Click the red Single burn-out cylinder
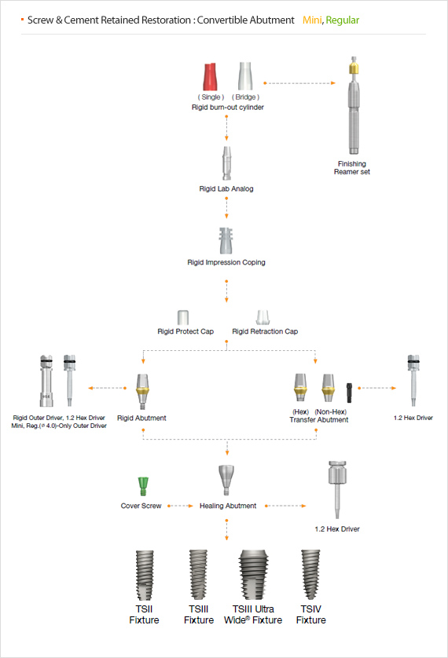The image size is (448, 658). tap(210, 77)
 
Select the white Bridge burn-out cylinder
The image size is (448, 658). tap(245, 76)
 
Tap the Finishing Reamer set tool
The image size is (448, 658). tap(354, 106)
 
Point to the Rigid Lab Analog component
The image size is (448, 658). tap(226, 163)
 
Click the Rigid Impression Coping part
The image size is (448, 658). tap(226, 241)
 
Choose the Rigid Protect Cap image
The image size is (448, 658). tap(183, 317)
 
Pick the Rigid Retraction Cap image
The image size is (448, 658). tap(263, 317)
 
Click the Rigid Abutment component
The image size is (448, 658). tap(143, 392)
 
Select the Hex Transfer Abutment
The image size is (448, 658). tap(300, 388)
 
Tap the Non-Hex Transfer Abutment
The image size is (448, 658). tap(329, 388)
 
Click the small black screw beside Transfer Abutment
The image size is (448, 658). tap(349, 393)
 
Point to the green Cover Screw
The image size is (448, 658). tap(143, 486)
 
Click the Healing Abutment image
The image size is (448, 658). tap(226, 481)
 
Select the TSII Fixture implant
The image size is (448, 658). tap(145, 576)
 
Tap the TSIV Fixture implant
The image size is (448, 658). tap(310, 575)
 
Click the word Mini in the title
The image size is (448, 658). tap(312, 20)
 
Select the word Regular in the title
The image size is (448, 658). tap(343, 20)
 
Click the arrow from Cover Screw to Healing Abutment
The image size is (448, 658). tap(181, 506)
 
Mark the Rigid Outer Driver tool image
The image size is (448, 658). tap(46, 381)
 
